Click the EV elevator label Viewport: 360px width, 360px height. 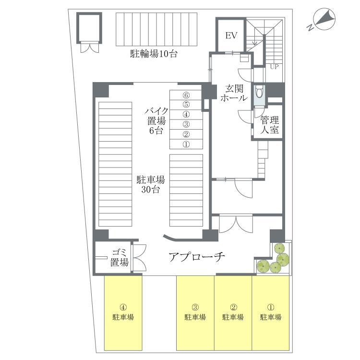point(231,36)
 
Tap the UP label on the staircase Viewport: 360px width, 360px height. point(274,67)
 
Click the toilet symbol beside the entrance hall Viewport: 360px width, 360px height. point(259,92)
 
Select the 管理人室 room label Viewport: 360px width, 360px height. point(270,125)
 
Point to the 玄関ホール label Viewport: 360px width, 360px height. point(234,93)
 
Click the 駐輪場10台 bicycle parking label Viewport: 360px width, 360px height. point(154,54)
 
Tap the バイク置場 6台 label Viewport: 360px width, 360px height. point(156,121)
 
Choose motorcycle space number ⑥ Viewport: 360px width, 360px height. point(186,95)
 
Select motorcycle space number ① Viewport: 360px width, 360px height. point(186,144)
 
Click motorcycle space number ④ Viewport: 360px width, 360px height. point(186,114)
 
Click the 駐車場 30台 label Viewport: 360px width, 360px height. point(151,185)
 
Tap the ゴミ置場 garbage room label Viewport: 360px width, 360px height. point(120,258)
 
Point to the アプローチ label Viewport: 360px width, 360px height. point(197,257)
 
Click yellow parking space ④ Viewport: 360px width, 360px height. point(123,313)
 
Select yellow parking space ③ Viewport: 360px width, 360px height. point(195,313)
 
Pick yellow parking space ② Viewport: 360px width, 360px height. point(233,313)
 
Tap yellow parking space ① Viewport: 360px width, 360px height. point(271,313)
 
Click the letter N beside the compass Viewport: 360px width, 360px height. point(310,27)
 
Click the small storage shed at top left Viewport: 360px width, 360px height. point(89,28)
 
